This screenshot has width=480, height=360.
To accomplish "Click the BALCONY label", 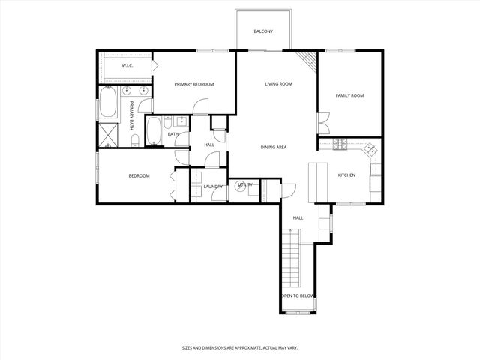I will point(263,31).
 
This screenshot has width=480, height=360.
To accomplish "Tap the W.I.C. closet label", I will point(127,66).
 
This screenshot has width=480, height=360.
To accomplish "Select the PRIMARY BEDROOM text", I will point(194,84).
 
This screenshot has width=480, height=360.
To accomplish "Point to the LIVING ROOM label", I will point(278,84).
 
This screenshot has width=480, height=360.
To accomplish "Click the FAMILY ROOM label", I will point(349,96).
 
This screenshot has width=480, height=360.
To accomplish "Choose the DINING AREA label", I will point(274,147).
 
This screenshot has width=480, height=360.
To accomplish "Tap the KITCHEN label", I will point(346,175).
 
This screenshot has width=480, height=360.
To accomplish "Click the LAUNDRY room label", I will point(212,187).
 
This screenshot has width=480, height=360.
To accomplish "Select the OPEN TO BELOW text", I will point(297,296).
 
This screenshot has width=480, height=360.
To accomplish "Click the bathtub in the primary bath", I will point(107,103).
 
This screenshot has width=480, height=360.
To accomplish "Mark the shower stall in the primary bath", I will point(109,135).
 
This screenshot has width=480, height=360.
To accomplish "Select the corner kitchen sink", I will point(371,150).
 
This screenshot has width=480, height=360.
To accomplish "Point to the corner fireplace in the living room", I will point(306,61).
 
